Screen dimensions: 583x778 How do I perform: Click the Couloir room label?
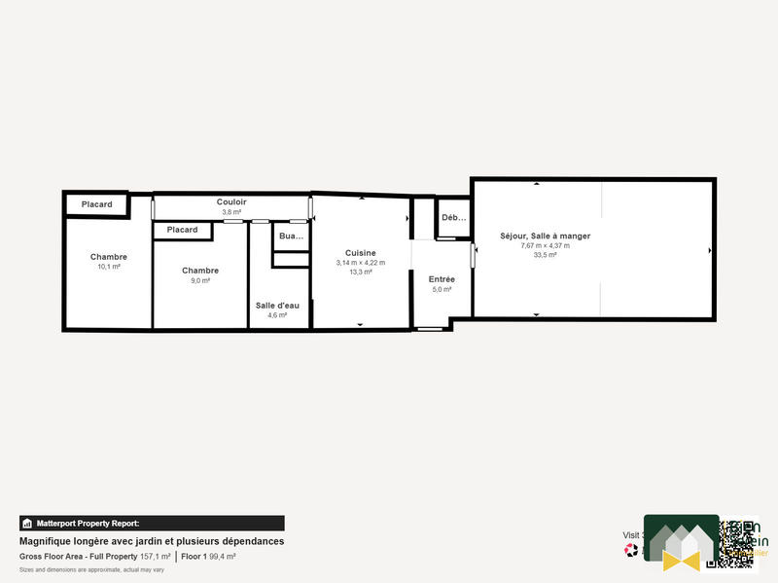pos(231,201)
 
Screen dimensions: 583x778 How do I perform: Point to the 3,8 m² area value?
pos(231,211)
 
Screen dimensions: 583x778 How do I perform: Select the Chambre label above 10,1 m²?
pos(109,257)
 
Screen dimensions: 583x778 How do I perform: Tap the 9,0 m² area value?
pos(200,280)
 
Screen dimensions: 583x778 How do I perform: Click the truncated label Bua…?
pos(291,237)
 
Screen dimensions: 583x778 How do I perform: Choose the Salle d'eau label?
pos(277,305)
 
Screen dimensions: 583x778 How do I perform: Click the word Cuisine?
pos(360,252)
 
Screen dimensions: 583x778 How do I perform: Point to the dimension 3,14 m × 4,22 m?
pos(360,263)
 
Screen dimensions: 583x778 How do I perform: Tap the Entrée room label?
pos(442,279)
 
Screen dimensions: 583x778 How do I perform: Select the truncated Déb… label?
pos(453,218)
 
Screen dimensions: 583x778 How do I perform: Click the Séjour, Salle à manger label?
pos(545,236)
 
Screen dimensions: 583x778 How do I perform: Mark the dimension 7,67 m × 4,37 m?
pos(545,245)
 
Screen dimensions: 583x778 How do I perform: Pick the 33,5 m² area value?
pos(545,255)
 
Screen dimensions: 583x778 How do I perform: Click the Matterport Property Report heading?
pos(88,524)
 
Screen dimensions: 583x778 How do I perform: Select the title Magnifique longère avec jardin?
pos(152,541)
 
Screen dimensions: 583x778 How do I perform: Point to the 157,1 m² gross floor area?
pos(156,557)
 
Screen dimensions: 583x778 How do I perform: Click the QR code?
pos(737,543)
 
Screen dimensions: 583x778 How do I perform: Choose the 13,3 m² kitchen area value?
pos(360,273)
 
